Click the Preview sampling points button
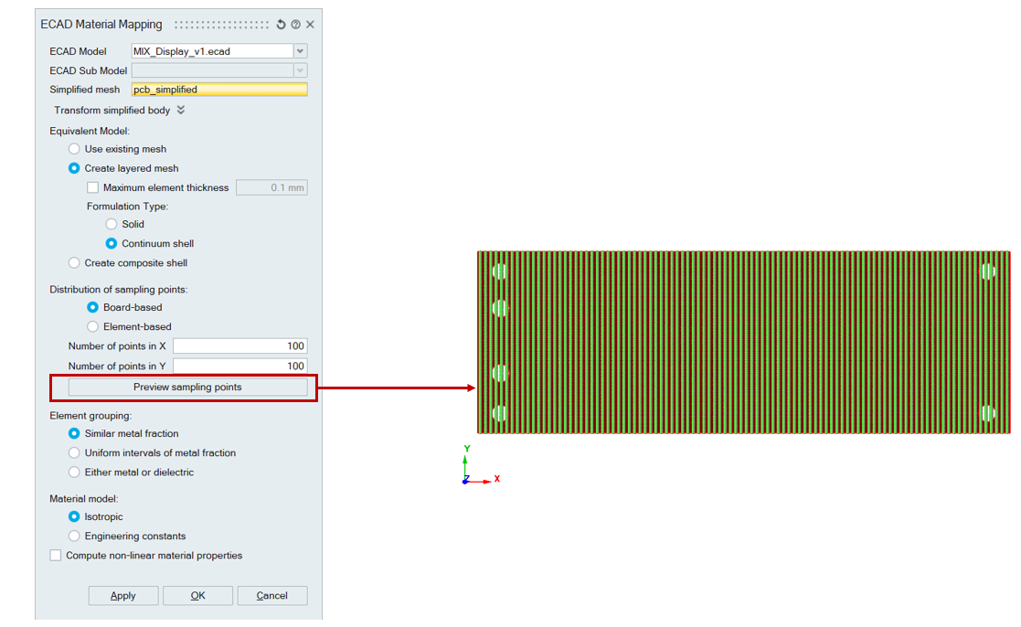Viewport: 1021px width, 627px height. (x=187, y=387)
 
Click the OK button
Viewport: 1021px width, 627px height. (x=198, y=596)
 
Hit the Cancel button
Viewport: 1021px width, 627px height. (x=272, y=596)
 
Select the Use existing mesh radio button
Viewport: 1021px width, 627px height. (x=74, y=149)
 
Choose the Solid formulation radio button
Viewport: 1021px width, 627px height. (x=112, y=224)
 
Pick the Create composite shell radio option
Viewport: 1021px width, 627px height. (x=74, y=263)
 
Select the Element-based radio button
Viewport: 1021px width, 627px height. (x=93, y=327)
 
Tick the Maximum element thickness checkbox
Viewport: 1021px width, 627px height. (x=93, y=187)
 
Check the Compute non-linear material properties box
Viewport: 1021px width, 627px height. (x=56, y=556)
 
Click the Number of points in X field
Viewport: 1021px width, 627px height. (x=239, y=346)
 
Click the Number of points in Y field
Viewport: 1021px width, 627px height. (x=239, y=366)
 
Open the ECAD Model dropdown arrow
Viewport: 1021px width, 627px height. (x=300, y=51)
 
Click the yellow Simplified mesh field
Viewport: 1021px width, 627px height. (x=219, y=90)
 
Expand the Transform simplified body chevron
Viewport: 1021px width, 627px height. (x=181, y=110)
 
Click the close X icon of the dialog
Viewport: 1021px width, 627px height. (x=311, y=24)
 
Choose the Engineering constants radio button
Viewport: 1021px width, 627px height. (x=74, y=536)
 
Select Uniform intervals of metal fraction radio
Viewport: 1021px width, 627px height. (x=74, y=452)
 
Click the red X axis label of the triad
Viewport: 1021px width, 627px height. (x=497, y=479)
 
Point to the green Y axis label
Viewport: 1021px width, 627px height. (x=467, y=449)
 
